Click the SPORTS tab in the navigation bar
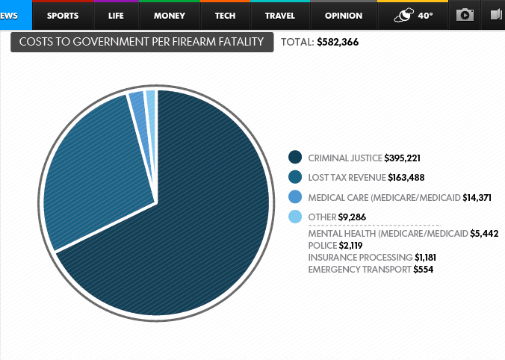[63, 16]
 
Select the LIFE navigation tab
[116, 16]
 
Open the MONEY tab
[170, 16]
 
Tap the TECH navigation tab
[225, 16]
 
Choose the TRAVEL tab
[280, 16]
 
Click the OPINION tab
[344, 16]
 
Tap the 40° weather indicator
[413, 16]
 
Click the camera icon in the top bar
[465, 15]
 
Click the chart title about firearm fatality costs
[142, 43]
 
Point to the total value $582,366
[337, 43]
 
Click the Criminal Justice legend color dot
[295, 158]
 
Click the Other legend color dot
[295, 217]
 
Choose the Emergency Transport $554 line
[371, 269]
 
